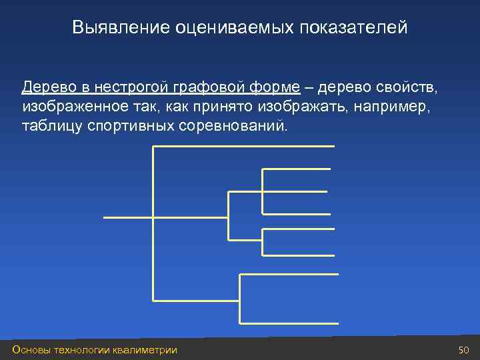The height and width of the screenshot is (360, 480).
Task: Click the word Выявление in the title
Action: [121, 27]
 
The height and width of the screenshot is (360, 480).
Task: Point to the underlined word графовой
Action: [202, 88]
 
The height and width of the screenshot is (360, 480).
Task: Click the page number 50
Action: [464, 350]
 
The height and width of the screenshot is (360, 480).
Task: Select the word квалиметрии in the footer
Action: [145, 350]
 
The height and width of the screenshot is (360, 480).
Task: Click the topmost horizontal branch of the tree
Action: [243, 146]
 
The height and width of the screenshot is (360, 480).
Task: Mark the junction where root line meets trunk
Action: [154, 217]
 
